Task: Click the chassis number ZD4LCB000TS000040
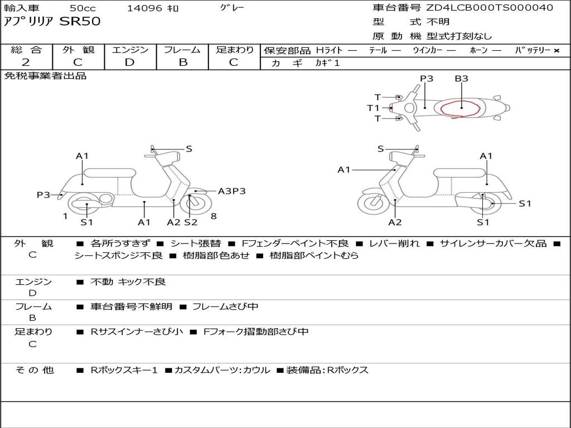click(490, 8)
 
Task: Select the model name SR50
click(80, 22)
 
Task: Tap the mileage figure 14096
click(144, 8)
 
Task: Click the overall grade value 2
click(26, 62)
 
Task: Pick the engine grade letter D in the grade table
click(129, 62)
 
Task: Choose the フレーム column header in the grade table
click(182, 50)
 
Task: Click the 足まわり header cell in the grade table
click(234, 50)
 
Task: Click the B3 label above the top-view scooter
click(461, 79)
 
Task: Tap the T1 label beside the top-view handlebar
click(373, 108)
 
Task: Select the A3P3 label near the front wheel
click(231, 191)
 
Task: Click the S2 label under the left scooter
click(191, 222)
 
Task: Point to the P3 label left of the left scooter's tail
click(43, 194)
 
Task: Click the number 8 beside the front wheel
click(213, 216)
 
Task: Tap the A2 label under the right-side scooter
click(395, 222)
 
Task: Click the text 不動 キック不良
click(128, 282)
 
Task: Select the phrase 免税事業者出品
click(45, 76)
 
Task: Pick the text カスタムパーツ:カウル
click(222, 370)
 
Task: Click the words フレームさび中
click(225, 307)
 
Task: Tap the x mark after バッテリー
click(556, 51)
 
